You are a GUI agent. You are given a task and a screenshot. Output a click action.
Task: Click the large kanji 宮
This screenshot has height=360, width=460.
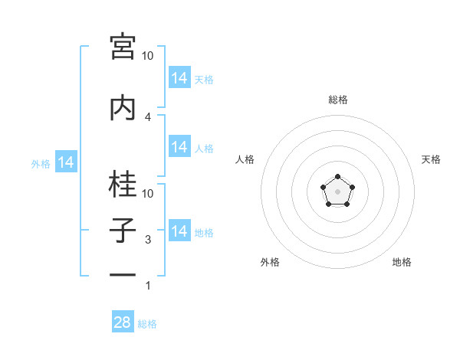[123, 47]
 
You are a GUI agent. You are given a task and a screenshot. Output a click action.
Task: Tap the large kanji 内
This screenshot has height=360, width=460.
[123, 107]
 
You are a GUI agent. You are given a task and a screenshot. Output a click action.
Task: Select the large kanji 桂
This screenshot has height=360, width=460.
[123, 184]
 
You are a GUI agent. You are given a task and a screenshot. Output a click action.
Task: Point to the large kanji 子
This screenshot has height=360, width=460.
[123, 230]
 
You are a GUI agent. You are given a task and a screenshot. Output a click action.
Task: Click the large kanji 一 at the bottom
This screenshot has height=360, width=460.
[123, 275]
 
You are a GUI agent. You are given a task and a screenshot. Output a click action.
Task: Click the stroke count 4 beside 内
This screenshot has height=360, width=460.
[148, 117]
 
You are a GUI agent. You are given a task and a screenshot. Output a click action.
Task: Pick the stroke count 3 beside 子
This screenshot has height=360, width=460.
[148, 240]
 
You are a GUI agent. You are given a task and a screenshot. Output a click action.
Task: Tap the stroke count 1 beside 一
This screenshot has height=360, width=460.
[148, 286]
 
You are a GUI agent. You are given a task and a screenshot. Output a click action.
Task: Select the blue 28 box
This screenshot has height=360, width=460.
[123, 321]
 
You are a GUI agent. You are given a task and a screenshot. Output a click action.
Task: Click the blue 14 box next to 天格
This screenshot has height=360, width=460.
[179, 77]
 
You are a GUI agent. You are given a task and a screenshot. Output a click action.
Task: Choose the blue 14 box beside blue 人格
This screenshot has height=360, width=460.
[179, 146]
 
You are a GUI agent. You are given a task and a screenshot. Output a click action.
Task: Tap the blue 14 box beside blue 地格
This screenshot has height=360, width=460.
[179, 230]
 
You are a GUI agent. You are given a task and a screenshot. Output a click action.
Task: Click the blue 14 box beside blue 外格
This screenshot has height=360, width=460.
[66, 162]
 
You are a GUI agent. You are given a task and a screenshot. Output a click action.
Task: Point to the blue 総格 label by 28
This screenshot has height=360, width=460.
[147, 324]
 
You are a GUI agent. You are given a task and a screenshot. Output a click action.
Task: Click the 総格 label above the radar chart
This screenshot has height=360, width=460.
[338, 100]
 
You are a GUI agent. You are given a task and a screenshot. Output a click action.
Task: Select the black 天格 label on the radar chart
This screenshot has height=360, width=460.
[431, 159]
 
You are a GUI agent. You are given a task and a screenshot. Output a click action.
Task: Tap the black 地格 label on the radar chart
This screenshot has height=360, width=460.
[402, 262]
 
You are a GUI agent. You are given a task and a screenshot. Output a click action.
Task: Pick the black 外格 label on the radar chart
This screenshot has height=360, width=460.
[270, 262]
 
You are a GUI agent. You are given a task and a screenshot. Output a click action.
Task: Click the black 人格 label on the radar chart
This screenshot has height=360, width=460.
[245, 159]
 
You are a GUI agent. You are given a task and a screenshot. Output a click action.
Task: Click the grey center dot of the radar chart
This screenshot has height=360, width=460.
[337, 191]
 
